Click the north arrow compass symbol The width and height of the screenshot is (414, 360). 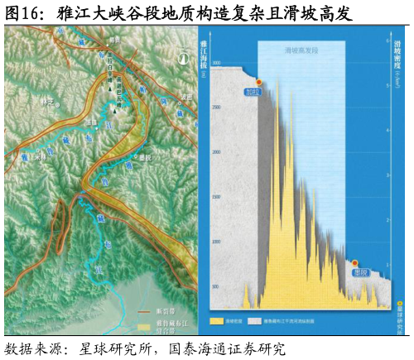(183, 58)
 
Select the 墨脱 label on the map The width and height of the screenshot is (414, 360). (146, 156)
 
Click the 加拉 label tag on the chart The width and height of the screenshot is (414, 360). (252, 92)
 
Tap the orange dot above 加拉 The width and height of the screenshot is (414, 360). (259, 82)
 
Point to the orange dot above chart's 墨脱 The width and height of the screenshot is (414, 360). (355, 263)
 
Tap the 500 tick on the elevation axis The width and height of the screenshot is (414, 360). (216, 286)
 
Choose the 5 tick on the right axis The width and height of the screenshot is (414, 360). (388, 85)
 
